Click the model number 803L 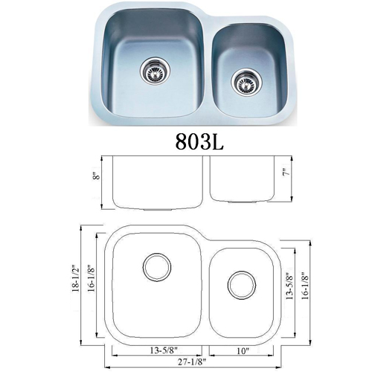(x=199, y=141)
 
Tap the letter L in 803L (x=217, y=141)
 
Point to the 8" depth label (x=97, y=176)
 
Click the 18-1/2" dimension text (x=76, y=279)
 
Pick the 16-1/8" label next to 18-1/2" (x=92, y=279)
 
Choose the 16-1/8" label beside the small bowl (x=305, y=286)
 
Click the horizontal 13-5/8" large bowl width (x=164, y=350)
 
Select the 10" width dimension (x=243, y=350)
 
